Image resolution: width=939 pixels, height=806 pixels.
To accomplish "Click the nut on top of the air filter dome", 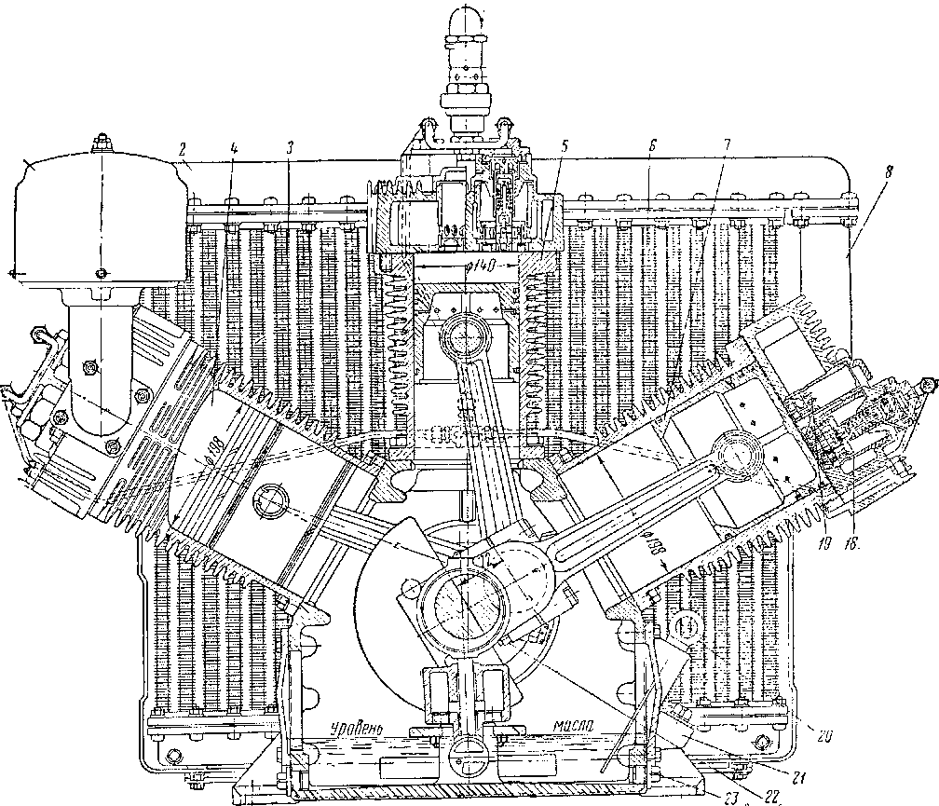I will pos(100,143).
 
